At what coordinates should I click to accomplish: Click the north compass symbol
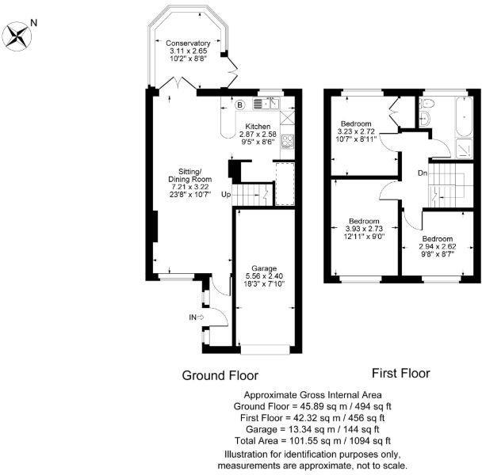pyautogui.click(x=17, y=33)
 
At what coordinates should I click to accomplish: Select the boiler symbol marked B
pyautogui.click(x=239, y=104)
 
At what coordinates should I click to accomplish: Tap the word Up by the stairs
pyautogui.click(x=226, y=194)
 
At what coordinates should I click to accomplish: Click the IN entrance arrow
pyautogui.click(x=196, y=317)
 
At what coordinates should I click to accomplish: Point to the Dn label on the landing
pyautogui.click(x=424, y=173)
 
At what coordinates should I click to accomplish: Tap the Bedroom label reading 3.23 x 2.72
pyautogui.click(x=357, y=131)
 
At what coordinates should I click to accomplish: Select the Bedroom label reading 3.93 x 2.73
pyautogui.click(x=365, y=229)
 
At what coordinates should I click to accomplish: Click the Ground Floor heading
pyautogui.click(x=220, y=375)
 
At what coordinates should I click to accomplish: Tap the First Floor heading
pyautogui.click(x=400, y=373)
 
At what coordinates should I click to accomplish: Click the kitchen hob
pyautogui.click(x=289, y=142)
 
